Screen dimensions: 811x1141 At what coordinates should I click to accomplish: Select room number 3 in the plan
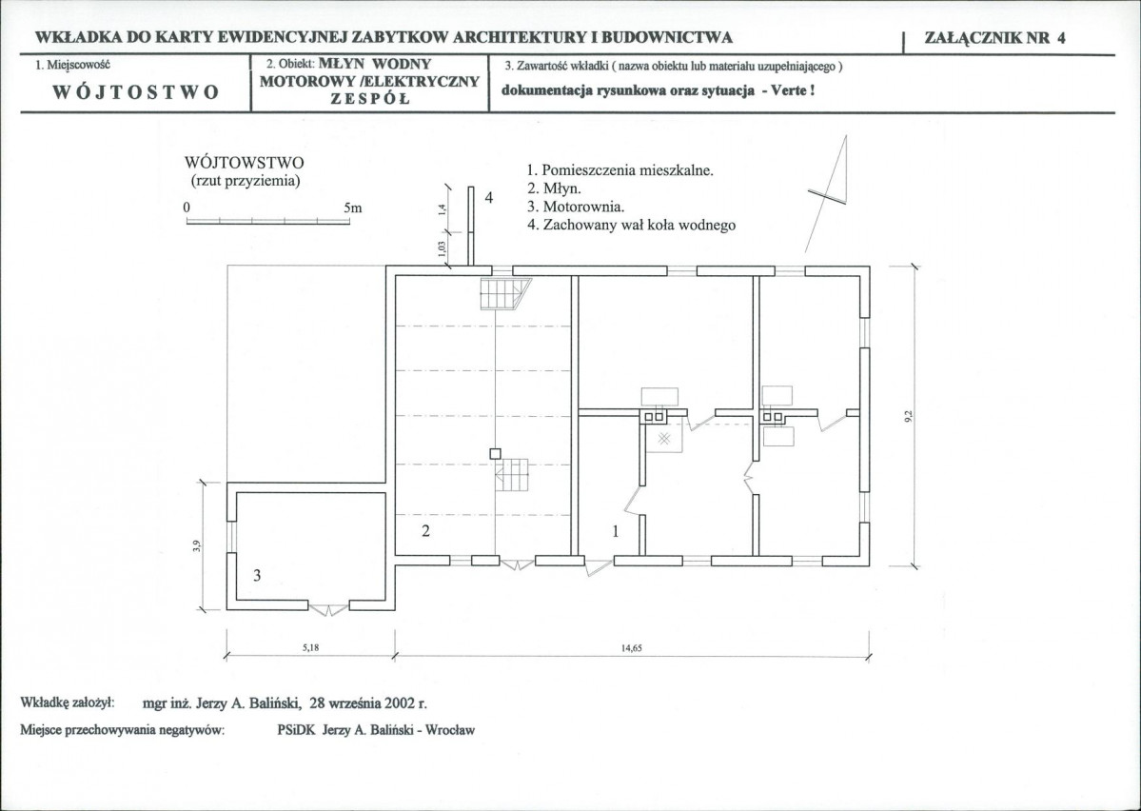coord(256,575)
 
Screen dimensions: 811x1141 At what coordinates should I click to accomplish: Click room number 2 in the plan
coord(426,532)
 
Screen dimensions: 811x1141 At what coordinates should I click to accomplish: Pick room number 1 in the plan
coord(616,532)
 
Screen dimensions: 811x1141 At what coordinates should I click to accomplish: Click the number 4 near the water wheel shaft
coord(488,198)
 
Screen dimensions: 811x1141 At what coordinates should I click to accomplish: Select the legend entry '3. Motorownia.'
coord(575,207)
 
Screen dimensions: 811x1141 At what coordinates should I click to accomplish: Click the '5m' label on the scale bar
coord(353,207)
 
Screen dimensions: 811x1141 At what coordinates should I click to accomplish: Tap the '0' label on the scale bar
coord(187,207)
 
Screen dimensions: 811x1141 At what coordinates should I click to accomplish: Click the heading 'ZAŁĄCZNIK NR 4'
coord(995,38)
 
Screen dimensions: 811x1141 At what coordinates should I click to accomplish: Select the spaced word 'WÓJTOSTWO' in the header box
coord(135,92)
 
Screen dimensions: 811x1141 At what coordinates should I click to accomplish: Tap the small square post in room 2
coord(495,453)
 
